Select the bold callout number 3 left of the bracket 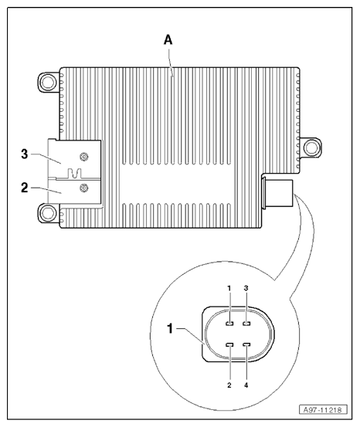click(25, 154)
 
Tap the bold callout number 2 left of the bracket click(25, 186)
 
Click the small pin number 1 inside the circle click(229, 288)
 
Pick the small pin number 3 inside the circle click(246, 288)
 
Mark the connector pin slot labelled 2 click(229, 345)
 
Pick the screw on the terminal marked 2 click(84, 187)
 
